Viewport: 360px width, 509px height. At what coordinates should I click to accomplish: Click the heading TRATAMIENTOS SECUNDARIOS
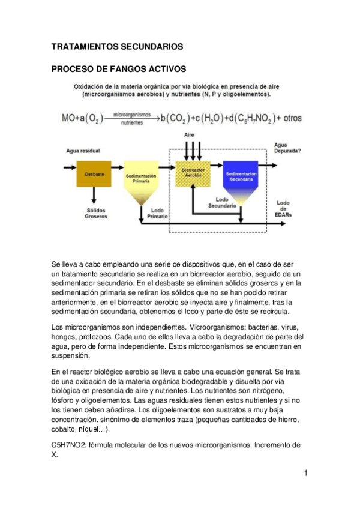point(116,46)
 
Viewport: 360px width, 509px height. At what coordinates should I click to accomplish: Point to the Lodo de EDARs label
point(283,209)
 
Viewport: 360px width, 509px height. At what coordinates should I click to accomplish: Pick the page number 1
point(305,474)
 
